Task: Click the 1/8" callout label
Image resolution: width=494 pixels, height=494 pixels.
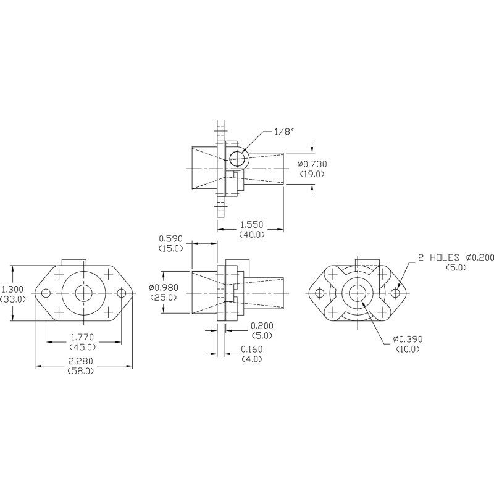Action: click(x=284, y=132)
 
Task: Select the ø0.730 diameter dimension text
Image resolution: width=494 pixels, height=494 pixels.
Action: click(x=312, y=164)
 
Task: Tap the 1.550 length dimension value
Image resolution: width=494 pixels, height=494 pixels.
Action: click(x=252, y=225)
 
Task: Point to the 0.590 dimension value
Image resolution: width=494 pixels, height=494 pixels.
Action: click(x=170, y=238)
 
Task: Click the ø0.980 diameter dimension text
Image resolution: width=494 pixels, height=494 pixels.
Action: click(x=164, y=287)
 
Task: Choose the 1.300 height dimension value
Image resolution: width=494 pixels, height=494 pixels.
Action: click(x=12, y=289)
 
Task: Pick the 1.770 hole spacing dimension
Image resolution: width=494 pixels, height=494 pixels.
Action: click(x=82, y=337)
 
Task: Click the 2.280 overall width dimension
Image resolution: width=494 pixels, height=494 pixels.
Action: click(x=81, y=361)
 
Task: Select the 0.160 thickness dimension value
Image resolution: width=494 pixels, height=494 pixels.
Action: click(x=252, y=349)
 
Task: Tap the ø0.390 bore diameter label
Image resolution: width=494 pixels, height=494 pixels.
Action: click(x=408, y=339)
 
